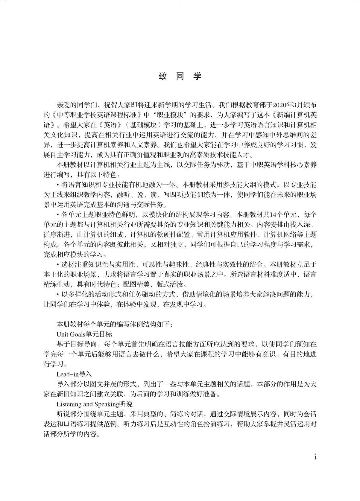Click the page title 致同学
tap(180, 76)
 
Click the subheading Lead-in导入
tap(74, 374)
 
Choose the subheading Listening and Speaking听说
tap(94, 404)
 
